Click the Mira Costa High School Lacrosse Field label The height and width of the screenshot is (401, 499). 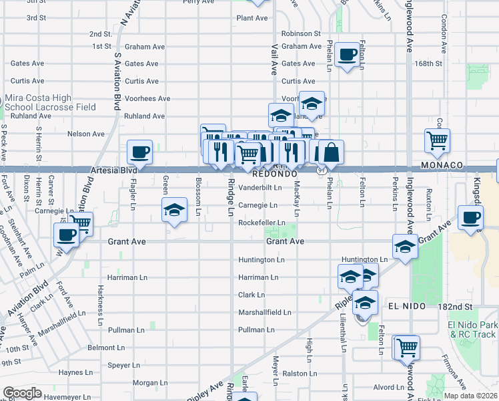click(x=53, y=103)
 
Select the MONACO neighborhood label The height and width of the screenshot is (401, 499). click(x=442, y=165)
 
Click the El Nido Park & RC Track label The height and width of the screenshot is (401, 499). click(x=472, y=329)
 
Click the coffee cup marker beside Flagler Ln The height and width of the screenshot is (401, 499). click(x=140, y=152)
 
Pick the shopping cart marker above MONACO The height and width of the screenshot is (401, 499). click(x=437, y=140)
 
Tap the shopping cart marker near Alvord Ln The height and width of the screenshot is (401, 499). click(x=407, y=347)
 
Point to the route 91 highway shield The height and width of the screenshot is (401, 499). click(x=322, y=170)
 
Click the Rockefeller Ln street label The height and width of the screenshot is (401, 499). click(x=262, y=223)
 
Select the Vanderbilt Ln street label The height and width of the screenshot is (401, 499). click(x=260, y=188)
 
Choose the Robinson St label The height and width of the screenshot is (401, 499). click(x=301, y=33)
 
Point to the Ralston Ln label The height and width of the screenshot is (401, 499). click(x=298, y=374)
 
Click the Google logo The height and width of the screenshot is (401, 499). click(x=22, y=393)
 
